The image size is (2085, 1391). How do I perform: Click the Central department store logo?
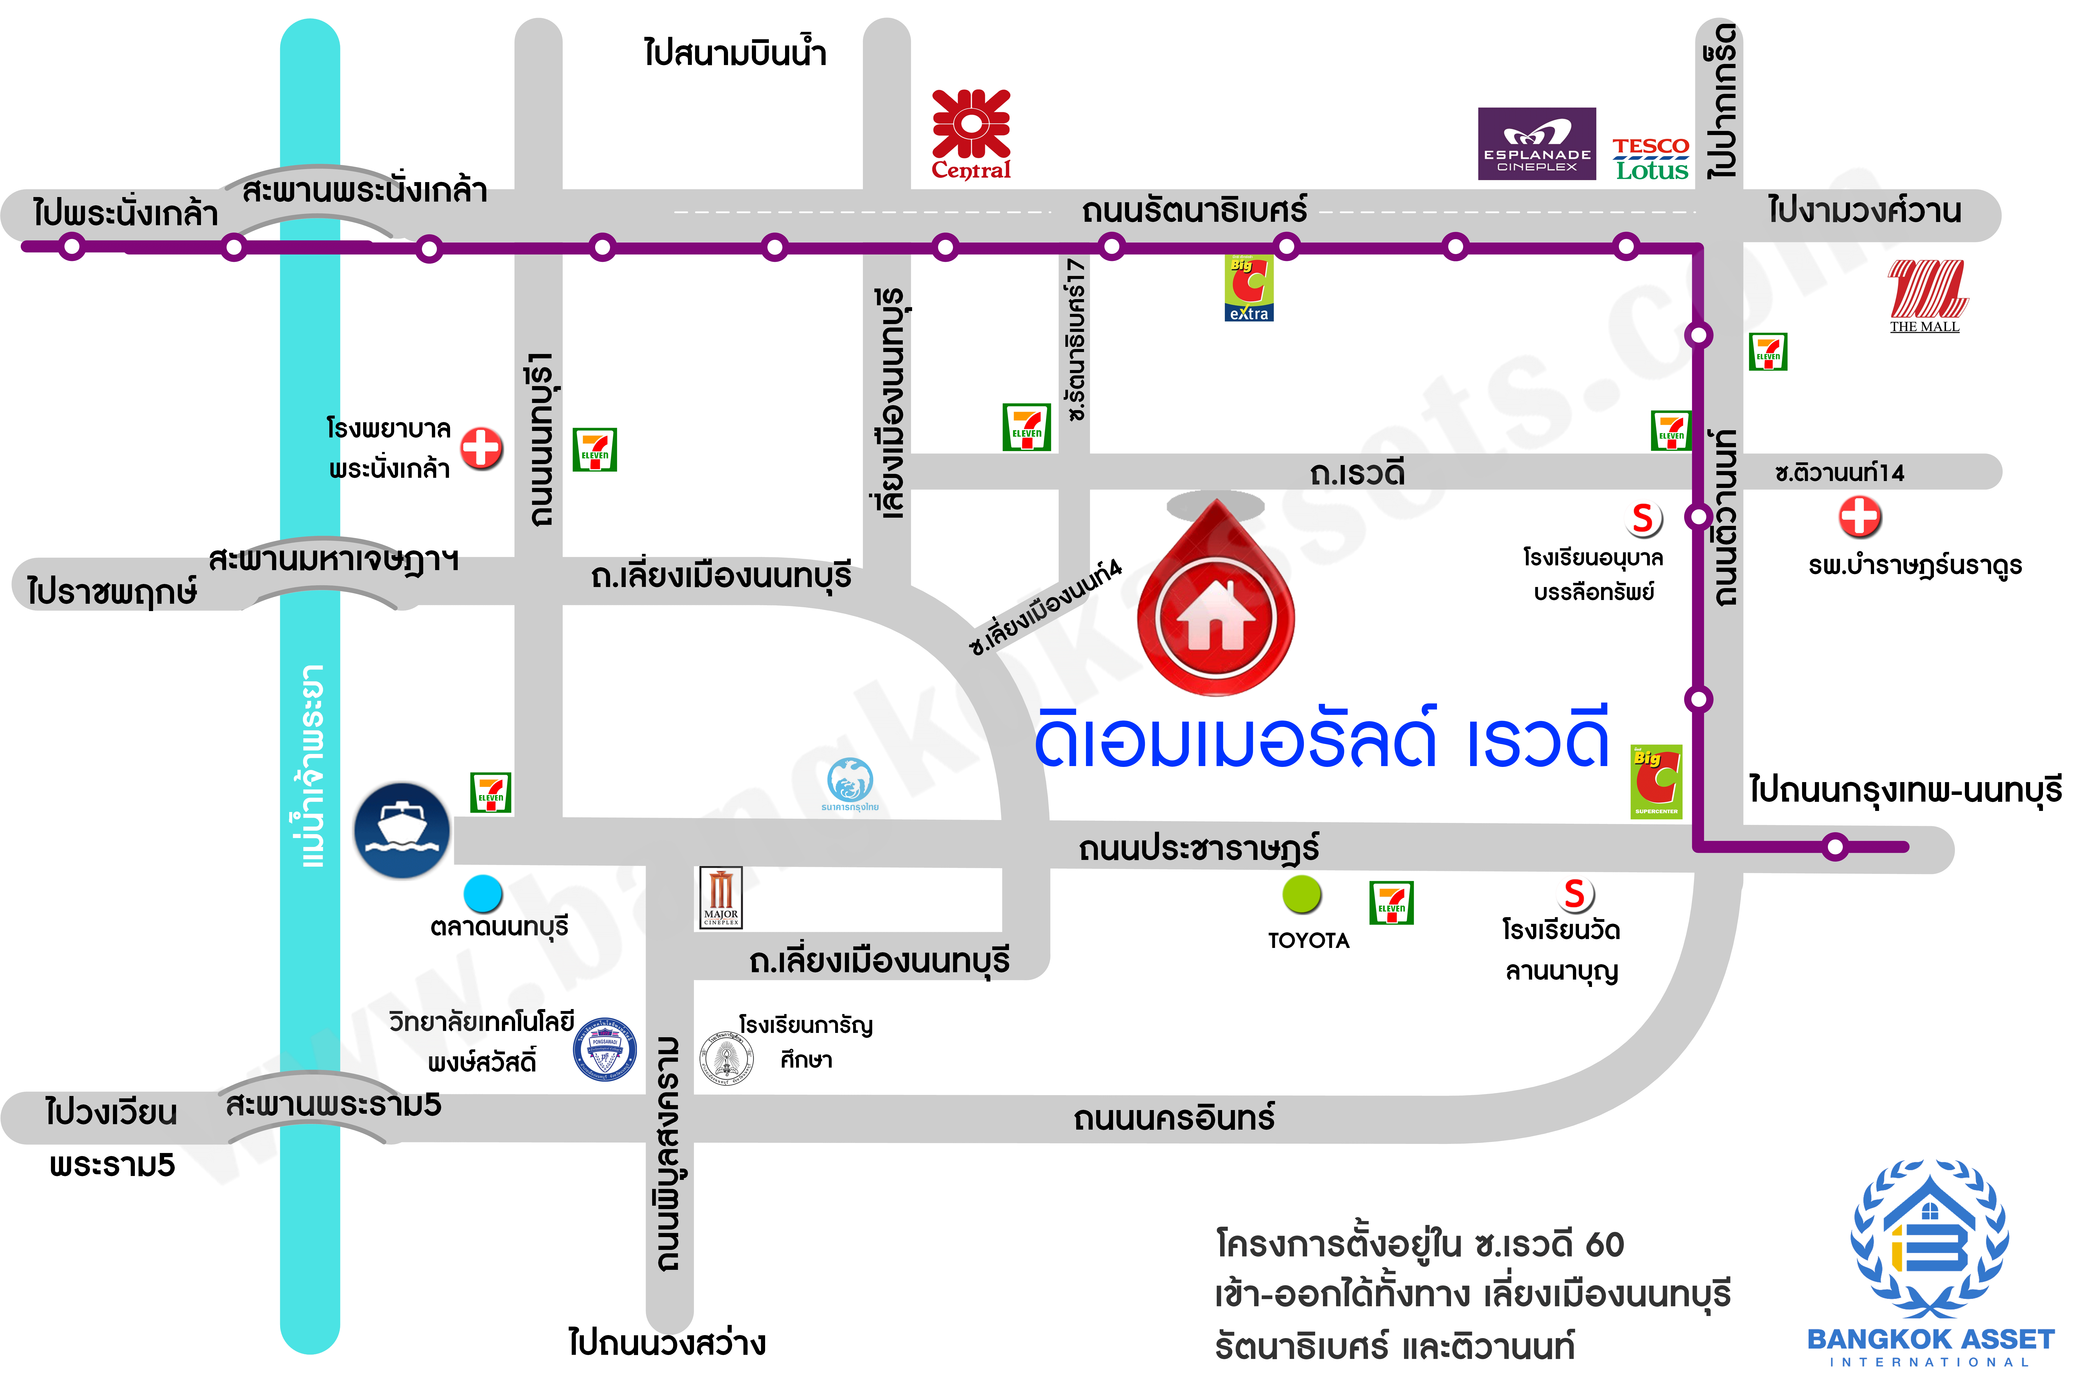(x=971, y=133)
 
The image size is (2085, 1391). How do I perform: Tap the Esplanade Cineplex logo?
(x=1537, y=144)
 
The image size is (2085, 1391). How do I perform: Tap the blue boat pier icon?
(x=402, y=830)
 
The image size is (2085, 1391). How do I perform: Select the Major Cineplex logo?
(x=720, y=898)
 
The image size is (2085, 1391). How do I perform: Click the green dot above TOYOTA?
(x=1301, y=894)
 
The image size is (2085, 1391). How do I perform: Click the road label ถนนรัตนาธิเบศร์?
(x=1193, y=211)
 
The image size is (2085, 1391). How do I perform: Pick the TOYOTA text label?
(x=1309, y=940)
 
